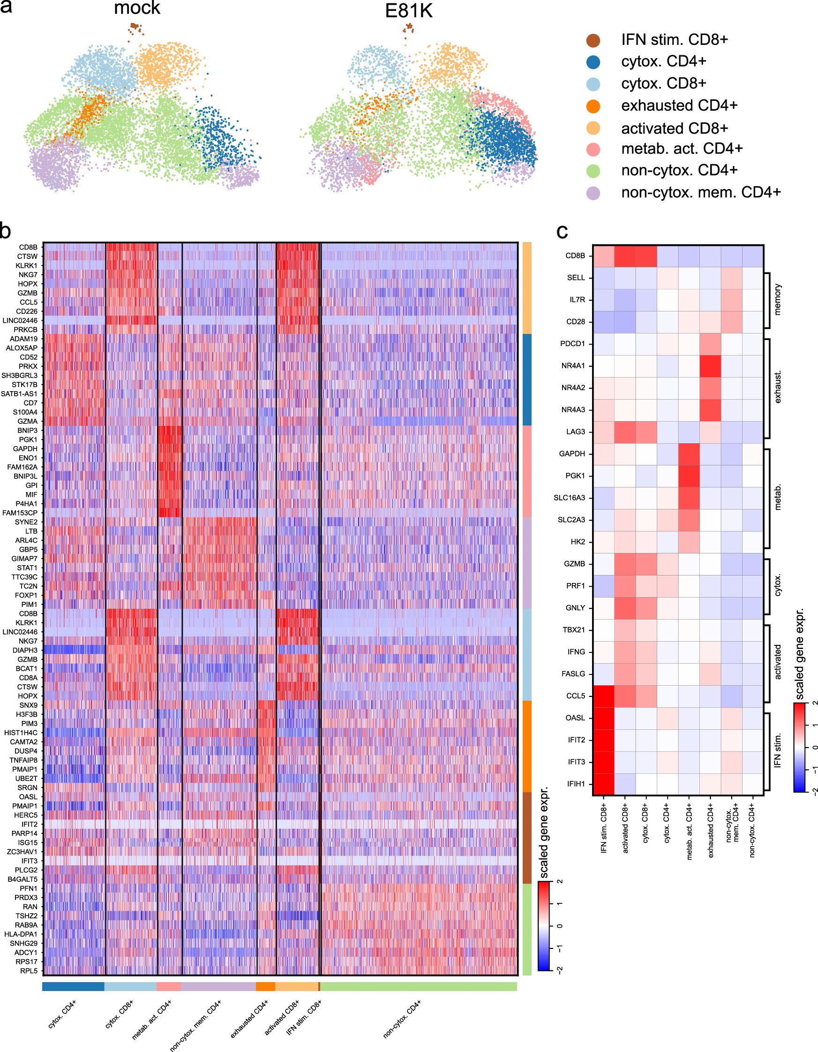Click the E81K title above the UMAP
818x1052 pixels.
(408, 11)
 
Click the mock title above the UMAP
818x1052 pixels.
(137, 8)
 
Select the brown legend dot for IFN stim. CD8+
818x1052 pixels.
(593, 40)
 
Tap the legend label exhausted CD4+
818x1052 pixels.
(679, 106)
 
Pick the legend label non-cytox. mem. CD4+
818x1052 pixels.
(700, 193)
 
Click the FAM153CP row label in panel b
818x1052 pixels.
(20, 513)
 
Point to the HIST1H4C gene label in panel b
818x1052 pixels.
(21, 733)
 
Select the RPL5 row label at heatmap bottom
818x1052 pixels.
(29, 970)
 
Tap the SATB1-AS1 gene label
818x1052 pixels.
(19, 394)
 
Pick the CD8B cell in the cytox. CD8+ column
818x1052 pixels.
(646, 256)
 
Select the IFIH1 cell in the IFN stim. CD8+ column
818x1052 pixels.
(603, 784)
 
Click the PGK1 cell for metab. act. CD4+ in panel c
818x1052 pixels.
(689, 476)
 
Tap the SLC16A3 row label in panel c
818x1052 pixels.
(569, 498)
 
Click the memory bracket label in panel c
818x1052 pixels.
(777, 300)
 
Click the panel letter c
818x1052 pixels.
(562, 232)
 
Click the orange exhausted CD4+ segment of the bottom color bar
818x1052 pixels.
(265, 986)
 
